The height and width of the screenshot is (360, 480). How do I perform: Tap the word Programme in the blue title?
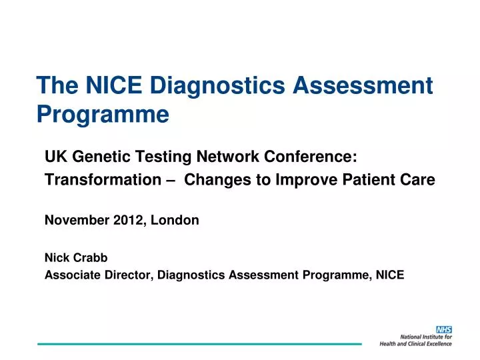pyautogui.click(x=103, y=115)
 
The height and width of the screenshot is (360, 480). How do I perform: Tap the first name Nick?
pyautogui.click(x=57, y=257)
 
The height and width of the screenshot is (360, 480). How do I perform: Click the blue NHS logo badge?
pyautogui.click(x=443, y=330)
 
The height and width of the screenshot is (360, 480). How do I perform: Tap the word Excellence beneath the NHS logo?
pyautogui.click(x=437, y=344)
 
